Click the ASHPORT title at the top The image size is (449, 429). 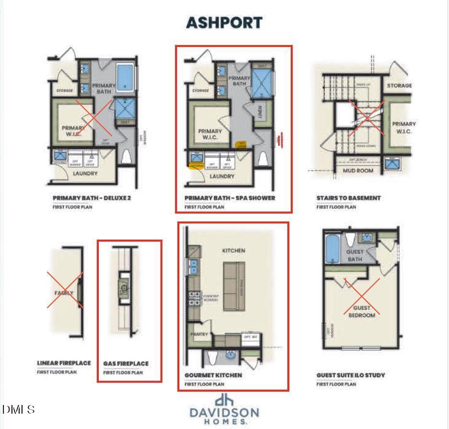pos(224,23)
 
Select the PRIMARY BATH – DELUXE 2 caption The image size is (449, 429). pos(92,198)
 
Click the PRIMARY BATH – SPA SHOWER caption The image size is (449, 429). pos(230,198)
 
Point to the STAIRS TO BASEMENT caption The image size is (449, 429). pos(348,198)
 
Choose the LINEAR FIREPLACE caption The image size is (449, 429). pos(64,363)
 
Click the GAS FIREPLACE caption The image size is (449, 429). pos(126,364)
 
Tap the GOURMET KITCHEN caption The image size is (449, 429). pos(213,375)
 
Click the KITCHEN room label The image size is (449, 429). pos(234,251)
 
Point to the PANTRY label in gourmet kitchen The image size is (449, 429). pos(199,334)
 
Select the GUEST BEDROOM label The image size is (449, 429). pos(362,312)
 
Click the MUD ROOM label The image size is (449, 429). pos(358,170)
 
